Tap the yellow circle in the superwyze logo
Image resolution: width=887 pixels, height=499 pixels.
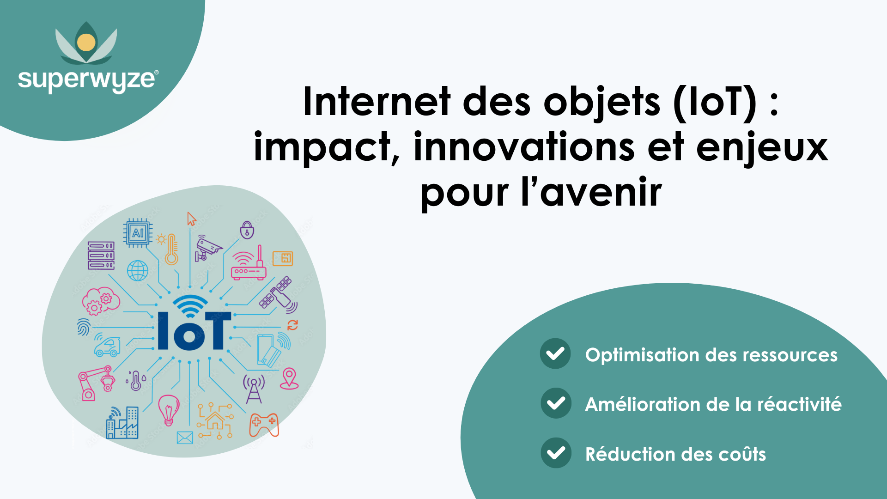[86, 43]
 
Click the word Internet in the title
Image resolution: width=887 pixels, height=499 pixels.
[377, 102]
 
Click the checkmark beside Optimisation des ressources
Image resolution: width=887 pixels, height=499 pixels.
[555, 354]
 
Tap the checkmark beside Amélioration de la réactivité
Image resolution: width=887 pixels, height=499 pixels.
[556, 403]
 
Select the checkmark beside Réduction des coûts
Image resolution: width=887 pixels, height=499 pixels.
[556, 453]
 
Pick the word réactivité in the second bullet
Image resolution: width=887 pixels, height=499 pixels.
[799, 404]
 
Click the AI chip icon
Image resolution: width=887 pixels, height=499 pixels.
[138, 233]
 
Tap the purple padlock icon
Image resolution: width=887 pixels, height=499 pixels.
[247, 230]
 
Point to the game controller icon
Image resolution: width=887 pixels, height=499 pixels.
[264, 425]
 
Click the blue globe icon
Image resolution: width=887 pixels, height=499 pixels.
[138, 271]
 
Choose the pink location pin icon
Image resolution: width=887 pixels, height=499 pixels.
[289, 378]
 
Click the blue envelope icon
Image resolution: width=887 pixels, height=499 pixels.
[185, 438]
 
